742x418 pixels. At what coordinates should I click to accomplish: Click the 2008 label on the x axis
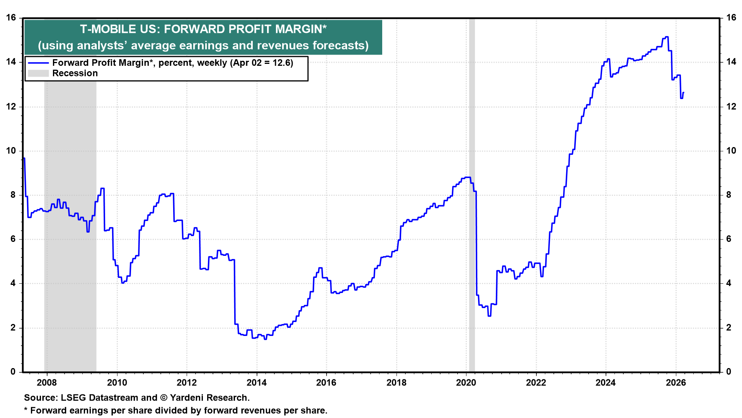[47, 383]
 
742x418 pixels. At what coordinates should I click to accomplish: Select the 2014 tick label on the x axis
[257, 383]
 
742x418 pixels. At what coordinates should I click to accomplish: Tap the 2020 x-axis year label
[466, 383]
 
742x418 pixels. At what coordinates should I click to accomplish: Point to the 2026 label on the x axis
[676, 383]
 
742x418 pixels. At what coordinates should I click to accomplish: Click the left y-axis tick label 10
[11, 151]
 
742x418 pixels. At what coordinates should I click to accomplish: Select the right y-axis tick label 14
[731, 62]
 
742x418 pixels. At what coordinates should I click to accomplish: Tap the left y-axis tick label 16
[11, 18]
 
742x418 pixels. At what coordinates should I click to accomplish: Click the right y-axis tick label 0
[729, 372]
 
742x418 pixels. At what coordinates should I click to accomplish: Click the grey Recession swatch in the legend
[38, 74]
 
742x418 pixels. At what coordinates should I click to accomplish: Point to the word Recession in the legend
[75, 74]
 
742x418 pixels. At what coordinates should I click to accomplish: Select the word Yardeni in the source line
[187, 398]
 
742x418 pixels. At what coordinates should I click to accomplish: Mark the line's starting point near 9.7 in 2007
[24, 158]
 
